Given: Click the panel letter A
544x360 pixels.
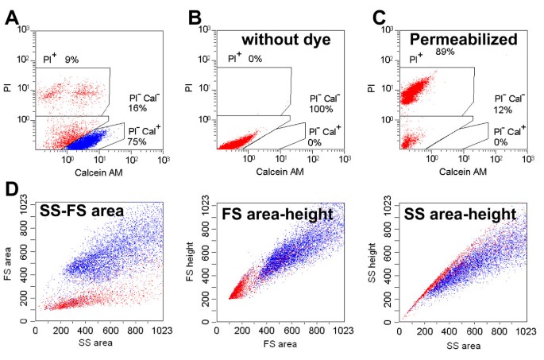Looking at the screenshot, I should (x=12, y=17).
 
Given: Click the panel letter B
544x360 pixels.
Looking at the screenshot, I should (x=194, y=17).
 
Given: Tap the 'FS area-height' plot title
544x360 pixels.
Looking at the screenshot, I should (x=270, y=214).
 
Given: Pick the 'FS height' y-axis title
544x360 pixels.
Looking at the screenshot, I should (x=205, y=260).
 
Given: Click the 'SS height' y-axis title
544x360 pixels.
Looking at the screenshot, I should (x=387, y=260).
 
